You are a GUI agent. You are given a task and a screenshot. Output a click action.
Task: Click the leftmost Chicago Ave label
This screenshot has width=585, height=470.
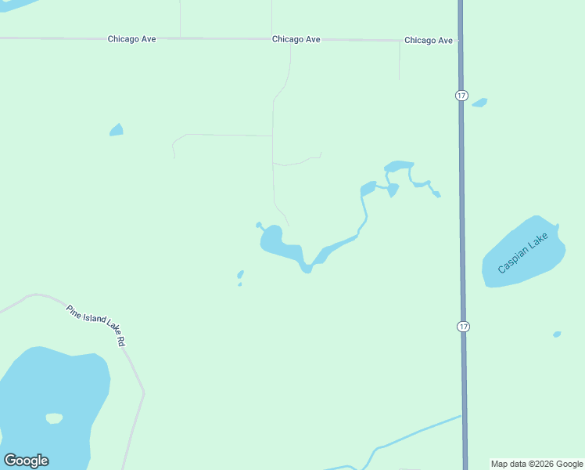(x=132, y=39)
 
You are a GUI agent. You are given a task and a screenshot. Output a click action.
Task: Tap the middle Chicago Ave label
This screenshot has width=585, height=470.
(x=296, y=39)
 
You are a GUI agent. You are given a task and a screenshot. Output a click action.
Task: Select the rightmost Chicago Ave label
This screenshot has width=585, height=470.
(x=429, y=40)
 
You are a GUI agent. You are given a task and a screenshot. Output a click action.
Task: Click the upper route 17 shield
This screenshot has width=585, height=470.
(x=461, y=95)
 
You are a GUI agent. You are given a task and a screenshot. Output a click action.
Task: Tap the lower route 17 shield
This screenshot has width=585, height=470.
(x=463, y=325)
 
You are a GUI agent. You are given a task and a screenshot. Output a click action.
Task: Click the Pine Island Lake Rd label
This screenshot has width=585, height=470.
(x=96, y=326)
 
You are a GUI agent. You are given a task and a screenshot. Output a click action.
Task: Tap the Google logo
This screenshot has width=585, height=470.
(x=26, y=461)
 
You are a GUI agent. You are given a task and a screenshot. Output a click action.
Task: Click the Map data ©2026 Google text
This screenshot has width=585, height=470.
(x=537, y=464)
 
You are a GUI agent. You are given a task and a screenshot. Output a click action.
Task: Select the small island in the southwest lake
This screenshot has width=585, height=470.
(x=54, y=418)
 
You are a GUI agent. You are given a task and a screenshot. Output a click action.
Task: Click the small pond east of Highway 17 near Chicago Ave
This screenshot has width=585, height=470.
(x=479, y=102)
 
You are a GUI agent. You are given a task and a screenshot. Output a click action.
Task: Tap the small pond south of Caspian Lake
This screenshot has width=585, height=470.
(x=557, y=334)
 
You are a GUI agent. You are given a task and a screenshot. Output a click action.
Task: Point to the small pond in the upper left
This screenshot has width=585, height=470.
(x=117, y=130)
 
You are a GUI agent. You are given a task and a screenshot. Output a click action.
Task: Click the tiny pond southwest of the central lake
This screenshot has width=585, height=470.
(x=240, y=274)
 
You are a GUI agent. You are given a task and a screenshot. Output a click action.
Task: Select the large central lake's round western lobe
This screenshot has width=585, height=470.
(x=272, y=238)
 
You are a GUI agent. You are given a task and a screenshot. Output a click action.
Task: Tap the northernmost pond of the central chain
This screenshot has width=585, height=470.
(x=399, y=166)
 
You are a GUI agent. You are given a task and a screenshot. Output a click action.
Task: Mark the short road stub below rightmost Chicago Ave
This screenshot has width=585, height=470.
(x=400, y=61)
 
